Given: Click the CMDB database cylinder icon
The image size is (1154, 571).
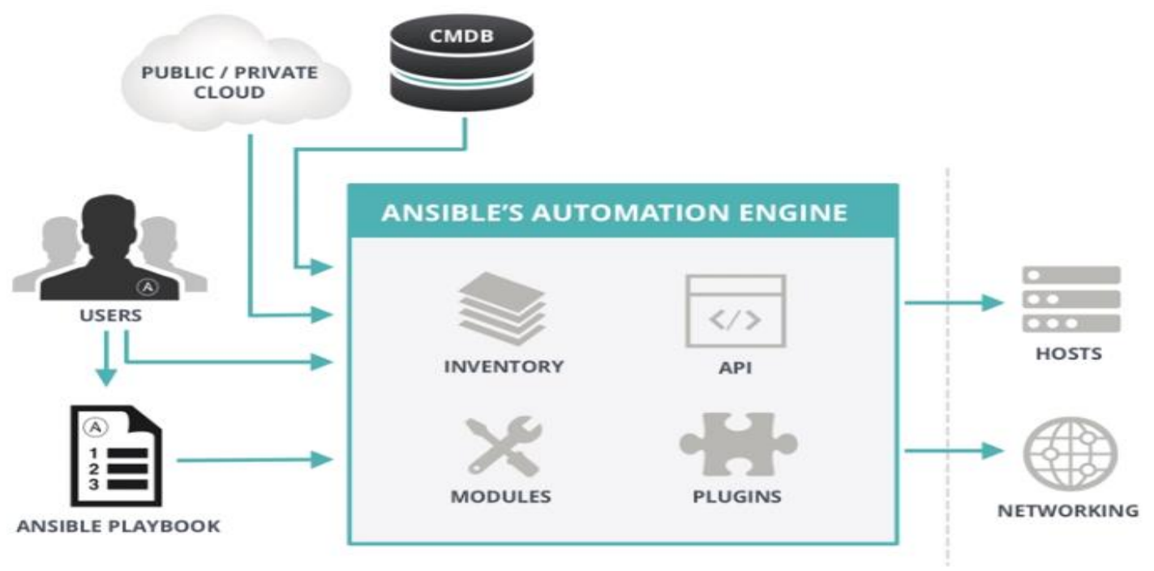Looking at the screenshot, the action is (x=461, y=63).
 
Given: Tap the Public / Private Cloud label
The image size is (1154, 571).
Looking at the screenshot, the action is (x=230, y=83).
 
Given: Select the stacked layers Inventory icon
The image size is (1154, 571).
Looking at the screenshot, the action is (x=502, y=309).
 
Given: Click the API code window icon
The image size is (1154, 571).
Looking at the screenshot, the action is (x=736, y=311).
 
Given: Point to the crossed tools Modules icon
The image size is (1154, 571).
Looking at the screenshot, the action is (x=504, y=446).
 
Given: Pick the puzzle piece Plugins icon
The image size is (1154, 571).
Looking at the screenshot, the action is (x=738, y=444).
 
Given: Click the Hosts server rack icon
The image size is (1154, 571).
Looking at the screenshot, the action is (x=1071, y=299).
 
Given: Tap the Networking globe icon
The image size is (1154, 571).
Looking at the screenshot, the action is (x=1070, y=453).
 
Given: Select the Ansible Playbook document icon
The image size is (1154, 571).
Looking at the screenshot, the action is (x=117, y=456).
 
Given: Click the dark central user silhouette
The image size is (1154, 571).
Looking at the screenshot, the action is (x=109, y=247).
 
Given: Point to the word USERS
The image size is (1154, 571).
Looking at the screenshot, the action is (x=111, y=315).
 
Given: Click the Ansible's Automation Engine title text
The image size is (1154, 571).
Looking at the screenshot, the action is (x=614, y=213).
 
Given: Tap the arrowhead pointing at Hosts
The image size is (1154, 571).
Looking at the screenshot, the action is (x=993, y=303).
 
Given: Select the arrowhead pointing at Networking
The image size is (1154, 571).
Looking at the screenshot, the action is (x=993, y=451).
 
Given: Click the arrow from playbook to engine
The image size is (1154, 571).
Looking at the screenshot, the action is (x=255, y=460).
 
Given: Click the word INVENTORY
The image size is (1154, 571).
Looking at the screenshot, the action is (x=504, y=367).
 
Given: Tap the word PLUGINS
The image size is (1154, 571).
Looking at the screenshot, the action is (x=737, y=496).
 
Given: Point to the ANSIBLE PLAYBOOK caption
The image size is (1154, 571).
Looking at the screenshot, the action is (x=118, y=526).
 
